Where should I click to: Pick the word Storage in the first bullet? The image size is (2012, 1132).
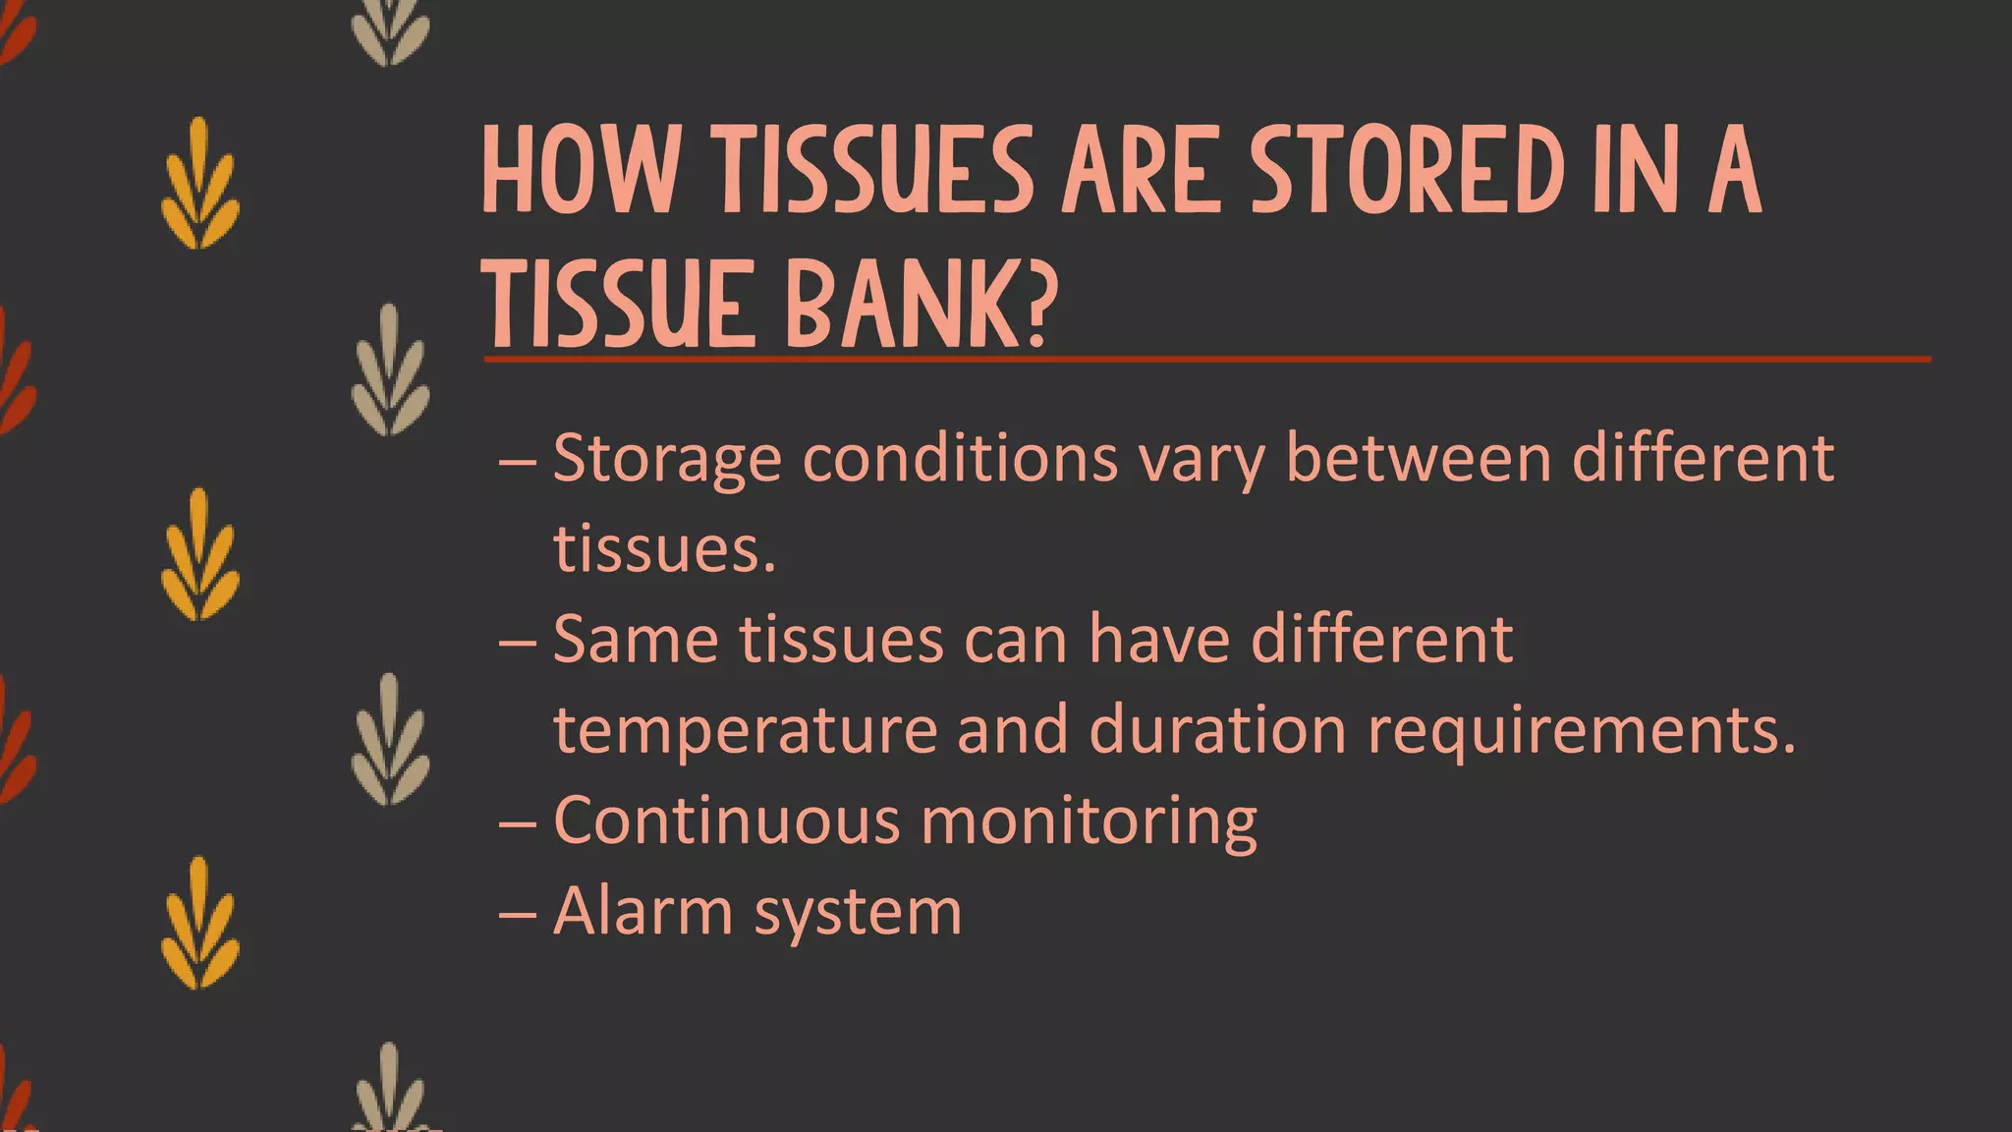click(667, 459)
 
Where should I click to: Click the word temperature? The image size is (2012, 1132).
click(745, 730)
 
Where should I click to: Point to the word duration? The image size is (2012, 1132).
click(1217, 730)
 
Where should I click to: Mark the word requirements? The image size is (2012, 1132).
click(1581, 730)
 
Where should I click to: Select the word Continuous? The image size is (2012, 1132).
click(726, 821)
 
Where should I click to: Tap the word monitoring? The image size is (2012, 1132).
click(1089, 821)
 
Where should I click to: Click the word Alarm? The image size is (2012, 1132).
click(643, 911)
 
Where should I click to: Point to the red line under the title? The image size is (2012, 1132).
click(1206, 360)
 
